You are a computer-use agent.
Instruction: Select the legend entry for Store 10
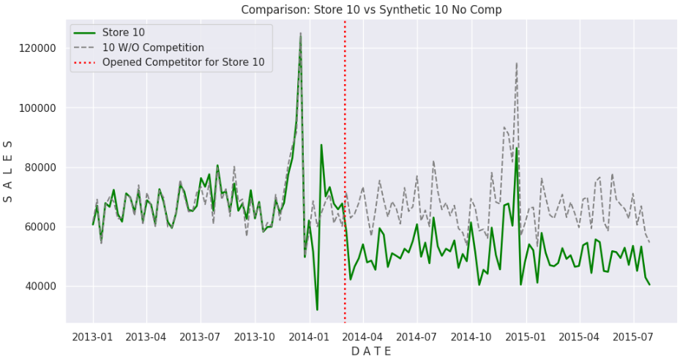point(124,34)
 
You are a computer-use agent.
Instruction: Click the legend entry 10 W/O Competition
point(153,48)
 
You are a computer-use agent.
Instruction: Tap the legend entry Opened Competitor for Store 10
point(187,63)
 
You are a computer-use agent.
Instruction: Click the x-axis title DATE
point(371,351)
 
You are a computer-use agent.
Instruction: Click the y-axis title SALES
point(10,172)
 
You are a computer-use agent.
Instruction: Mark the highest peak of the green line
point(300,34)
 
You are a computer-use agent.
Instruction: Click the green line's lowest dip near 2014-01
point(317,309)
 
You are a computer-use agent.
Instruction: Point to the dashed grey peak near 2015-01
point(517,64)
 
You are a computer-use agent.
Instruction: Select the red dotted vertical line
point(345,183)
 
